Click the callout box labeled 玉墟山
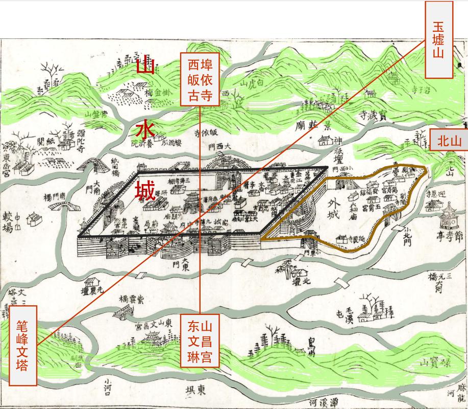(438, 40)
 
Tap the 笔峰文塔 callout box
(23, 345)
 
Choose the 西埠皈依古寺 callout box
(200, 79)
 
